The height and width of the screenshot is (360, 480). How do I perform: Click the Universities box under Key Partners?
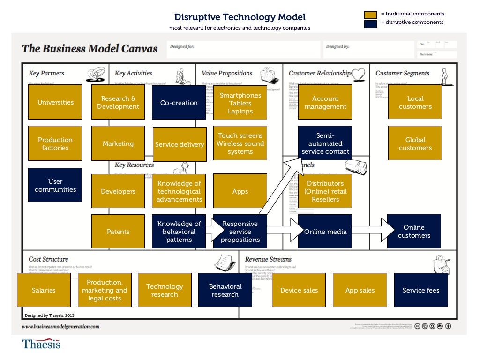(x=55, y=102)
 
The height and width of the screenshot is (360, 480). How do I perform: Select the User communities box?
(x=55, y=186)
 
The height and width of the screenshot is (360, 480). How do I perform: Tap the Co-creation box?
(x=179, y=103)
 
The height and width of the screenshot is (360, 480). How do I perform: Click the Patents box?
(x=118, y=232)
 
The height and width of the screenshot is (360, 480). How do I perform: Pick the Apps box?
(x=240, y=191)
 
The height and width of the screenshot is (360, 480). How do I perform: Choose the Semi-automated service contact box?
(x=325, y=143)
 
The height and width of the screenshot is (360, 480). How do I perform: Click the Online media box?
(x=325, y=232)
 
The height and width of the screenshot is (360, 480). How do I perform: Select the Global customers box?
(x=415, y=143)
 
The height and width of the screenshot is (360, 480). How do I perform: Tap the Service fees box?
(x=420, y=290)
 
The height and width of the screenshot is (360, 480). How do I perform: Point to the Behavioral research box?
(x=225, y=290)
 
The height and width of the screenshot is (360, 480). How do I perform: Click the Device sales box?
(x=299, y=290)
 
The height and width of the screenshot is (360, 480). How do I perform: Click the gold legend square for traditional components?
(x=371, y=14)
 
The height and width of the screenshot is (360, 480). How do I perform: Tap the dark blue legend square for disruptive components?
(x=371, y=23)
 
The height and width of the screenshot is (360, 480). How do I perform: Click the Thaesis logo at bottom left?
(x=41, y=345)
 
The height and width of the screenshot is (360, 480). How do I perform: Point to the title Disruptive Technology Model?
(x=240, y=17)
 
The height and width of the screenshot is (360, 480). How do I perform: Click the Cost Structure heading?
(x=48, y=259)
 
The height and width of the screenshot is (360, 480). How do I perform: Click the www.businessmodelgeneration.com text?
(x=60, y=326)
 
